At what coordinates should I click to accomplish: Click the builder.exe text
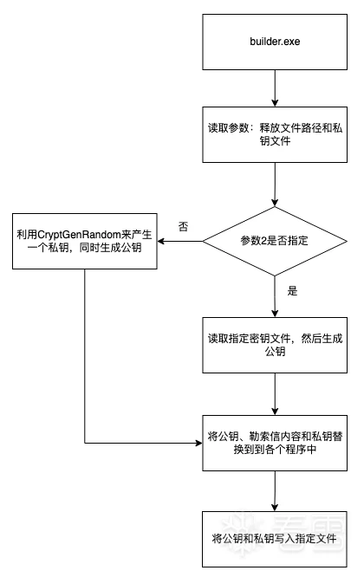click(275, 42)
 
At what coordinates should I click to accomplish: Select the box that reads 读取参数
click(275, 134)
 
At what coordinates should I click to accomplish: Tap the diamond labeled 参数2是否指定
click(275, 242)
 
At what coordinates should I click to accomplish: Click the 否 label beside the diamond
click(183, 226)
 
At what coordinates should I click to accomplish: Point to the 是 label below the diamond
click(292, 291)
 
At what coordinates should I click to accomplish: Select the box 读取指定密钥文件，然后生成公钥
click(275, 345)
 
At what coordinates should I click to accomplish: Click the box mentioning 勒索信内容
click(275, 443)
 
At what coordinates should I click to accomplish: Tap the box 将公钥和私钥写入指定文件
click(275, 539)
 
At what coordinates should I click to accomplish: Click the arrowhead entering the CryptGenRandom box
click(161, 242)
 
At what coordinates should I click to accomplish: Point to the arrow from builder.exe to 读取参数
click(275, 88)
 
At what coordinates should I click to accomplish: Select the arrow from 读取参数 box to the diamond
click(275, 185)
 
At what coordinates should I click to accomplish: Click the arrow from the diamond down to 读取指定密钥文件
click(275, 296)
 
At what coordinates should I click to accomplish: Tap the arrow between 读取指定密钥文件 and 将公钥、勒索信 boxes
click(275, 394)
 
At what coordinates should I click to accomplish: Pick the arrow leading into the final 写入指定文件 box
click(275, 491)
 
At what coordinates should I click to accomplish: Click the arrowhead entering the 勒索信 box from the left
click(198, 443)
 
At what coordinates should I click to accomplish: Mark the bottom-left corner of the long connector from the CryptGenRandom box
click(85, 443)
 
